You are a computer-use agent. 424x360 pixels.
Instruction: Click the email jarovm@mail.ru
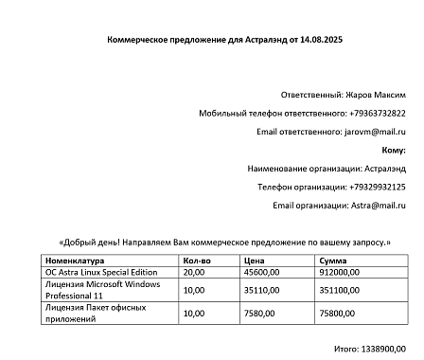point(374,132)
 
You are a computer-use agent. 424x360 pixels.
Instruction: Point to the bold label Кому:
point(394,150)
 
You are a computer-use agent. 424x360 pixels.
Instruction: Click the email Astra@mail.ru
point(379,205)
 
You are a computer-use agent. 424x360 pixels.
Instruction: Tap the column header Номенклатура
point(76,260)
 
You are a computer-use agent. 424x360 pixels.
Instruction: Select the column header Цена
point(254,260)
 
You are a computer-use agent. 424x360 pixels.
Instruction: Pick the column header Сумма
point(333,260)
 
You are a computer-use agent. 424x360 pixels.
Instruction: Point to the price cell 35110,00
point(260,290)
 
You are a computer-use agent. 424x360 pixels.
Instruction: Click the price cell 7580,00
point(258,314)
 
